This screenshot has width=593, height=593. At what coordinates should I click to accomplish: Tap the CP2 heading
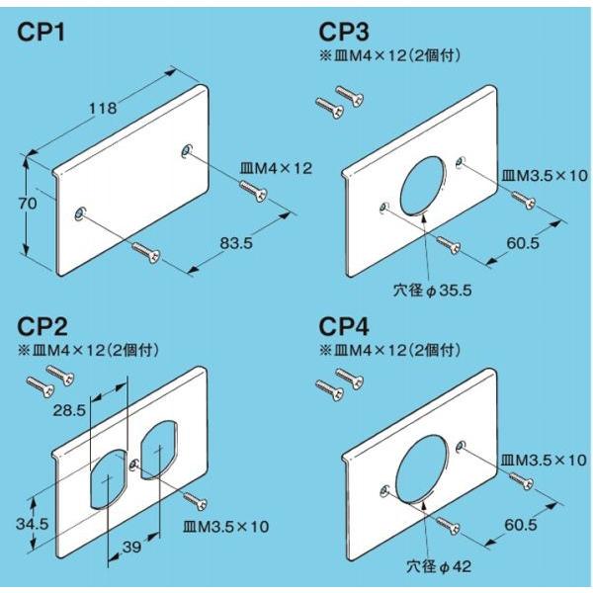click(x=42, y=327)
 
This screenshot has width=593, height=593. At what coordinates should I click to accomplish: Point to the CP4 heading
click(x=345, y=326)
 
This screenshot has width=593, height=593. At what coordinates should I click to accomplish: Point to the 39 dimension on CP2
click(x=131, y=546)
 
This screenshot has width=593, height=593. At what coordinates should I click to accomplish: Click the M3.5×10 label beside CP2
click(x=225, y=527)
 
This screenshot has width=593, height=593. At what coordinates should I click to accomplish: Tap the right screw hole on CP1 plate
click(x=185, y=150)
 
